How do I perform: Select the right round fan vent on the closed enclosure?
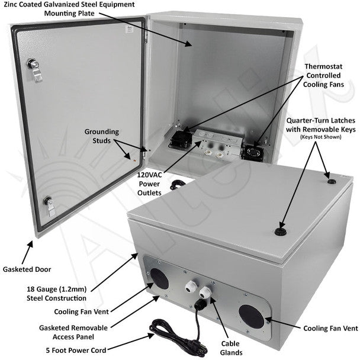pyautogui.click(x=250, y=315)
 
